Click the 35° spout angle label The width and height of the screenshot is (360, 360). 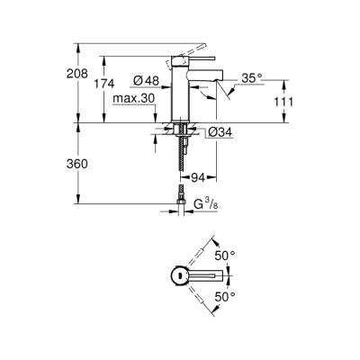(251, 79)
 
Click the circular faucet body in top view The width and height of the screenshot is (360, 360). (180, 275)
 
